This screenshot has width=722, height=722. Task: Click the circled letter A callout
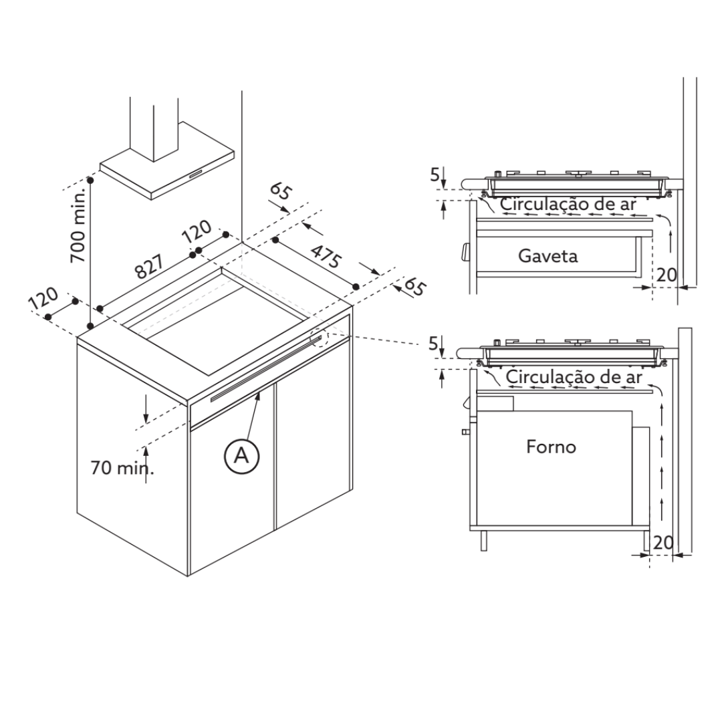coord(242,456)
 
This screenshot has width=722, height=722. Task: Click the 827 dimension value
coord(149,267)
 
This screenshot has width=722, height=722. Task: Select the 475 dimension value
coord(326,257)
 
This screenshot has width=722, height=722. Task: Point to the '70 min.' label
coord(122,468)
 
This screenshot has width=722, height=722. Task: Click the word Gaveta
coord(548,255)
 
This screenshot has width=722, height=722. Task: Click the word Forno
coord(551,447)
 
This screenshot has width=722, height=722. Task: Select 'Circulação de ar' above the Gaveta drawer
coord(568,203)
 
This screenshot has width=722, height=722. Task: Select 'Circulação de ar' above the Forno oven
coord(574,376)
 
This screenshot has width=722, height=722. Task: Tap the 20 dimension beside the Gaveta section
coord(667,275)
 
